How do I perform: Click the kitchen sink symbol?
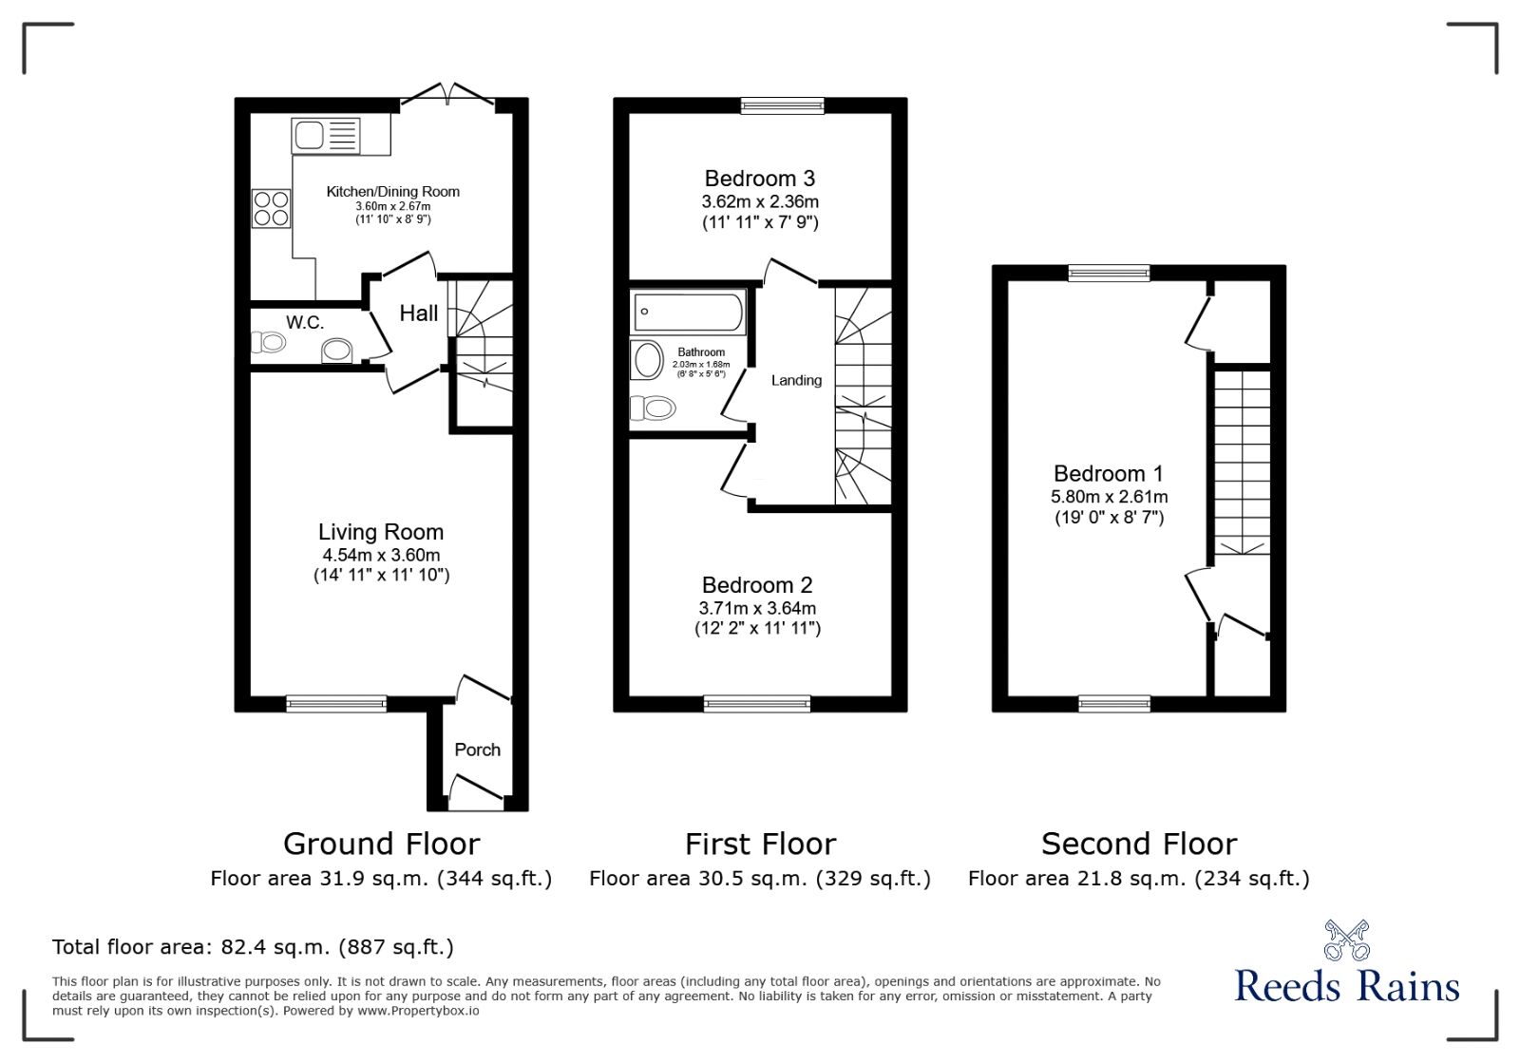(326, 135)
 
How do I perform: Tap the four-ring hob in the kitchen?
(271, 209)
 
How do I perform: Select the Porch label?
(477, 750)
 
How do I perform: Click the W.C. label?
(305, 323)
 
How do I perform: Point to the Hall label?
(418, 313)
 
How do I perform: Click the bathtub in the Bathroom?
(688, 312)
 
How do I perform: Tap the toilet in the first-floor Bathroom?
(653, 408)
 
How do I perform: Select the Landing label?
(796, 380)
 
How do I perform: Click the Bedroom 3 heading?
(759, 179)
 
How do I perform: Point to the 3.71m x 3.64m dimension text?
(757, 608)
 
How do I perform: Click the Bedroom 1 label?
(1108, 473)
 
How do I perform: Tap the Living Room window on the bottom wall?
(336, 704)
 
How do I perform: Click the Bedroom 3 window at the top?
(782, 105)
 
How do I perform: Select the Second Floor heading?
(1138, 844)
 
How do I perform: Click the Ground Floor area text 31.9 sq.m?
(380, 879)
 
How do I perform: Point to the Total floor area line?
(253, 947)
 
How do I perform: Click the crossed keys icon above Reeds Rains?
(1346, 940)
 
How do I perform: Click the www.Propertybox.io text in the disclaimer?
(418, 1011)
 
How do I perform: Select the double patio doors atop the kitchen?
(446, 97)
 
